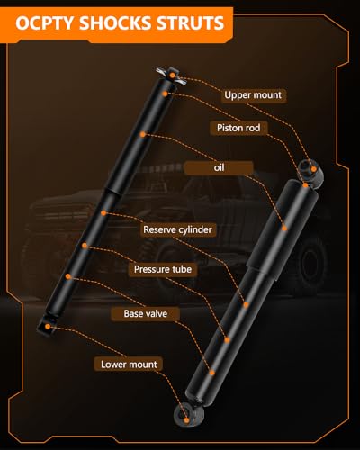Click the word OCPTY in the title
[45, 23]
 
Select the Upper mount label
[253, 95]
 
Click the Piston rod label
[238, 128]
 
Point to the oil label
[219, 167]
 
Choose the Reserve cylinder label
[177, 229]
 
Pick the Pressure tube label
[163, 269]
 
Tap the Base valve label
[146, 313]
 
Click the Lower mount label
[129, 364]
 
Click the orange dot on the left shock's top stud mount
[173, 75]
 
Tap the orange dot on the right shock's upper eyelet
[314, 169]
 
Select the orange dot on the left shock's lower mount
[48, 327]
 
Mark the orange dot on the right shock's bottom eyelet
[186, 420]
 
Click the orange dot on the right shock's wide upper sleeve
[284, 229]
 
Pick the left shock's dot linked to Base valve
[68, 276]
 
